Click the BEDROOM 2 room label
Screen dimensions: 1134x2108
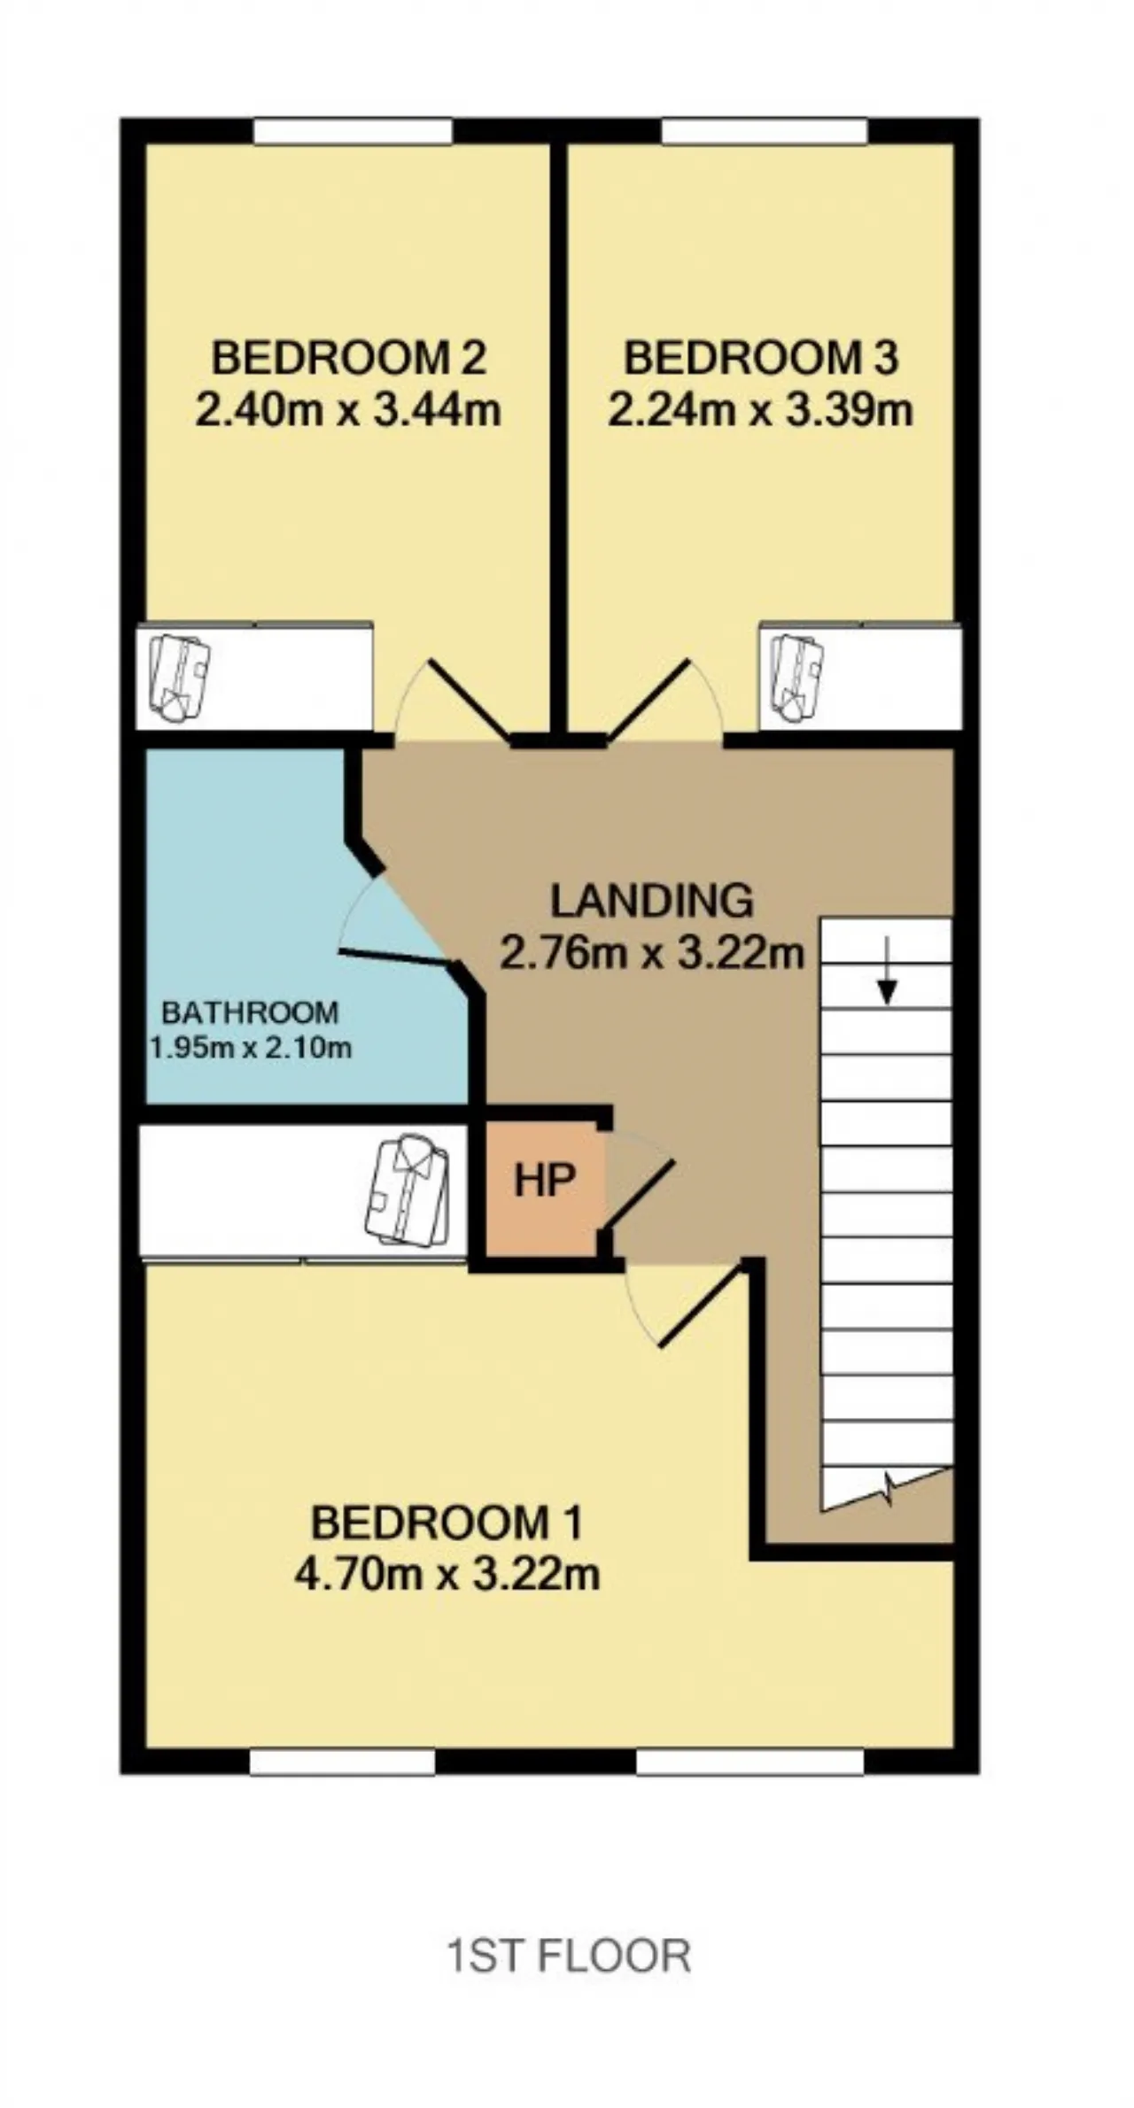(349, 358)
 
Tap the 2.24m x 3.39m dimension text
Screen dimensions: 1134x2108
(760, 410)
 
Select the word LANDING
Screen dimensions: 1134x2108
(652, 901)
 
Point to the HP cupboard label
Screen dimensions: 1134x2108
(545, 1180)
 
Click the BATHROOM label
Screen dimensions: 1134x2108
(251, 1011)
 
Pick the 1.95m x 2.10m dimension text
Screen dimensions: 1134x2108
(251, 1049)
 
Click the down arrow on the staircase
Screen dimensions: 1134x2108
(887, 980)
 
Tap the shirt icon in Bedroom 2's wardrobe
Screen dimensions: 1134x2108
(180, 677)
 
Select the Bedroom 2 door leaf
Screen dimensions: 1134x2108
(470, 698)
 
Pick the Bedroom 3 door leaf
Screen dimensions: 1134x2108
(648, 698)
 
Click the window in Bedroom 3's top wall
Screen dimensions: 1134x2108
(764, 130)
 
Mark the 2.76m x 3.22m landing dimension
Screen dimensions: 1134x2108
(652, 953)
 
